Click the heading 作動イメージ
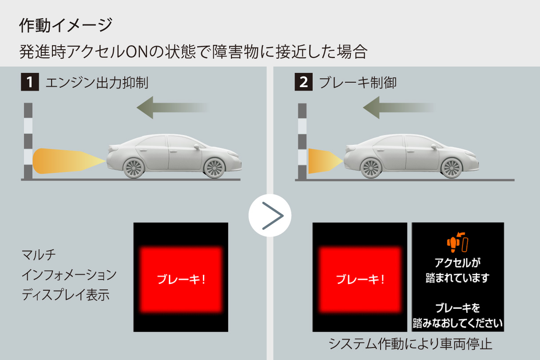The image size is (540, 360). point(66,25)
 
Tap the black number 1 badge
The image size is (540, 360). point(30,82)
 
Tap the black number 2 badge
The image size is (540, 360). point(303,82)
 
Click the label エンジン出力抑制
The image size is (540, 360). point(97,83)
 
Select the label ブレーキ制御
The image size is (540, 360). point(358,83)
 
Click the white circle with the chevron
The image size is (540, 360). point(270,216)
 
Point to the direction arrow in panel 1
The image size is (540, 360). point(172,108)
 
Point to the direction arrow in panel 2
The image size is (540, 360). point(398,108)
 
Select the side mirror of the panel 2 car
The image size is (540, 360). point(434,147)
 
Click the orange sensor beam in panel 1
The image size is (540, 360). point(69,161)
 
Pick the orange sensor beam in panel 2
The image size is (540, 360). point(326,161)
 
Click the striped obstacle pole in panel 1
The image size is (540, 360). point(28,141)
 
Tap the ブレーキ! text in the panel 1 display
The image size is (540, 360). point(181,280)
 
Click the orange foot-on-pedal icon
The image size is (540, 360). point(457,243)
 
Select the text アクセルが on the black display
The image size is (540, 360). point(457,263)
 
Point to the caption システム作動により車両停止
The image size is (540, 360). point(410,344)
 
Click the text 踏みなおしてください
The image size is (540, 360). point(457,323)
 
